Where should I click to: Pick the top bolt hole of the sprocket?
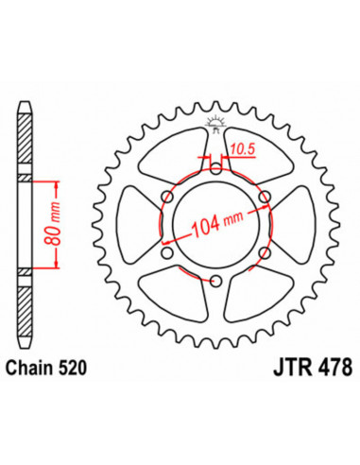[215, 170]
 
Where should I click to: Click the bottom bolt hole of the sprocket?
[215, 280]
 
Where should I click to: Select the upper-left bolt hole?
[167, 198]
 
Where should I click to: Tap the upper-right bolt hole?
[264, 198]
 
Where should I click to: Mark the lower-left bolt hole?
[167, 252]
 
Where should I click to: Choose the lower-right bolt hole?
[264, 252]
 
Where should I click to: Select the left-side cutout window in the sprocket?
[135, 225]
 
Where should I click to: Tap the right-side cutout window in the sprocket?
[296, 225]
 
